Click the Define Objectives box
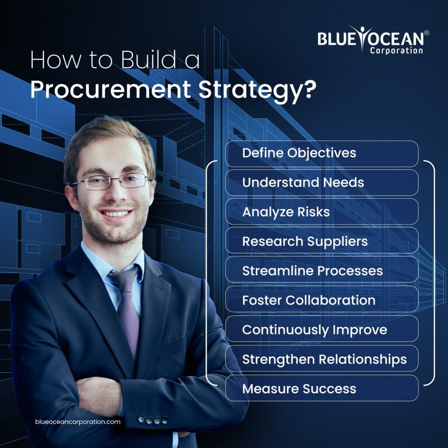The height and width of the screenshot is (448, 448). (x=322, y=154)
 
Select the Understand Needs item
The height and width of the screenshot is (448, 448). (x=322, y=182)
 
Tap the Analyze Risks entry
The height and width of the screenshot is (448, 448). (x=322, y=212)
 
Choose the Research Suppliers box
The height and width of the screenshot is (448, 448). (x=322, y=241)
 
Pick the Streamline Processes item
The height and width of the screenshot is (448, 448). (x=322, y=270)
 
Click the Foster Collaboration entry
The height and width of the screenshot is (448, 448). (x=322, y=300)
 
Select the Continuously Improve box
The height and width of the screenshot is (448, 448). (x=322, y=329)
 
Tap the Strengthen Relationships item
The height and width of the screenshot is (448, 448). (x=322, y=359)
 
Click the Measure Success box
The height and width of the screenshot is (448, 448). (x=322, y=388)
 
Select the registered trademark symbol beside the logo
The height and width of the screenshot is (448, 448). (x=427, y=33)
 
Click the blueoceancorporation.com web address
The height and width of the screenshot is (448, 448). (x=77, y=422)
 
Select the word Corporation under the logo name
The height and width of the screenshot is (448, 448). (x=396, y=51)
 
